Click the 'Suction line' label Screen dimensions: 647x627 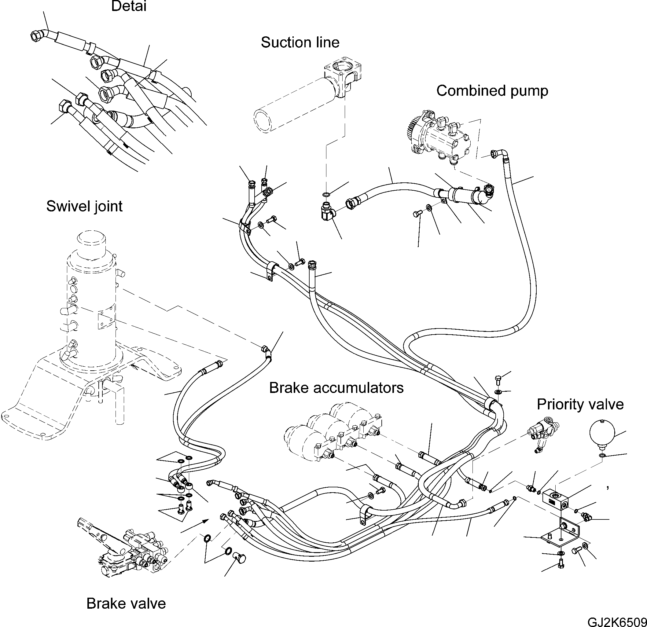(x=300, y=42)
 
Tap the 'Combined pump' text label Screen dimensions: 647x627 (x=492, y=91)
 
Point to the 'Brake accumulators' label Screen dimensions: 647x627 (x=336, y=388)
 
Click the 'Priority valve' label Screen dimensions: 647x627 (x=580, y=405)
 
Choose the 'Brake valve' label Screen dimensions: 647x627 (x=126, y=604)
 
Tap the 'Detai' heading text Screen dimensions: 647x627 (x=129, y=6)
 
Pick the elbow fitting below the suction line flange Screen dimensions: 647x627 (x=327, y=211)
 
